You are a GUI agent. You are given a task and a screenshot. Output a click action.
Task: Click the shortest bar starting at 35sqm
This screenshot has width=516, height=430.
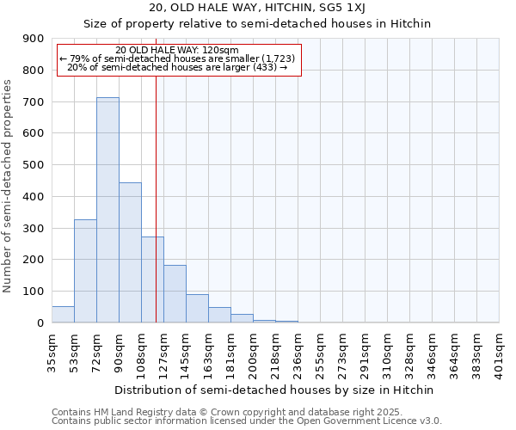[63, 315]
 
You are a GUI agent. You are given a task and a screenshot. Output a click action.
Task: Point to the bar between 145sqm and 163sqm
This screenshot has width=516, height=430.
[197, 309]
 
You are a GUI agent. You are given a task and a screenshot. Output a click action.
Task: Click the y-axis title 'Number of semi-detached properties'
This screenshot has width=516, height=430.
[9, 186]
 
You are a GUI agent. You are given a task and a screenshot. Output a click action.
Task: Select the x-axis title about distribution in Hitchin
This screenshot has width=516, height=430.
[275, 390]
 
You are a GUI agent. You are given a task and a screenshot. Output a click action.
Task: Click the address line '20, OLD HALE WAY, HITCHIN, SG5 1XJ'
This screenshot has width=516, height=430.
[257, 8]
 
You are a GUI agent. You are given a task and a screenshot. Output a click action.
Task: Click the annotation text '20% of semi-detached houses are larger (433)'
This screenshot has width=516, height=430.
[177, 67]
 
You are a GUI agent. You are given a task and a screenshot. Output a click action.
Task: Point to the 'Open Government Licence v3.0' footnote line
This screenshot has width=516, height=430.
[247, 421]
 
